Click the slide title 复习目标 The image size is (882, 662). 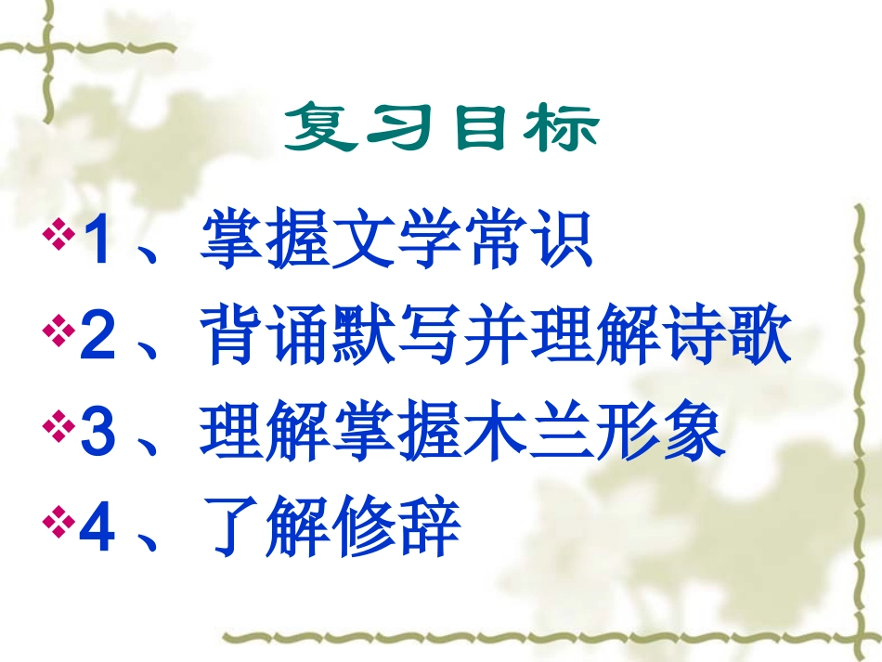pos(441,131)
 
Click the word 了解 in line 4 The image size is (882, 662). pos(266,529)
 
